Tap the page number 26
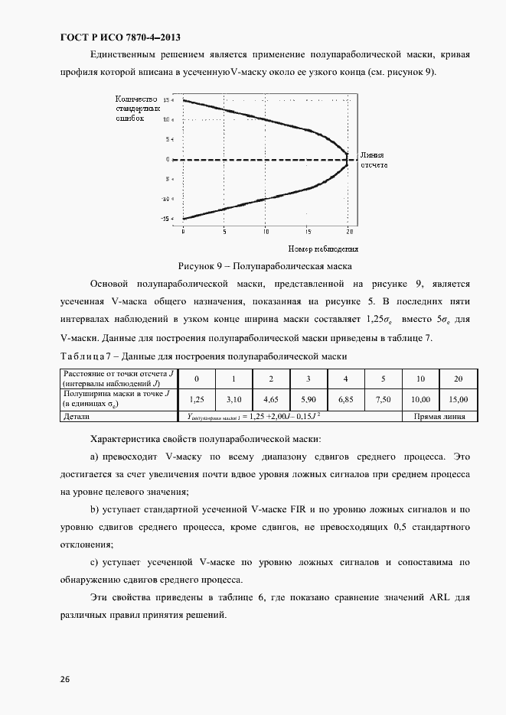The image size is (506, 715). (64, 678)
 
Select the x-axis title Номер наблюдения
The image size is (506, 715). (324, 249)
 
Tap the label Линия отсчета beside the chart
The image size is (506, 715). (376, 159)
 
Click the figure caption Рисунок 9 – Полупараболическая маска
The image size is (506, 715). (264, 266)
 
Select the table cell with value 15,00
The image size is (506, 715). (458, 399)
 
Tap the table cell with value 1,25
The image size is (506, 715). (196, 399)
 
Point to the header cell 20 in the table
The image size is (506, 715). (458, 379)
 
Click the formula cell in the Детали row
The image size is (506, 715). (253, 417)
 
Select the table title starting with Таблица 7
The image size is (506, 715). (203, 356)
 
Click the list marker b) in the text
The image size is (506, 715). (96, 509)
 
